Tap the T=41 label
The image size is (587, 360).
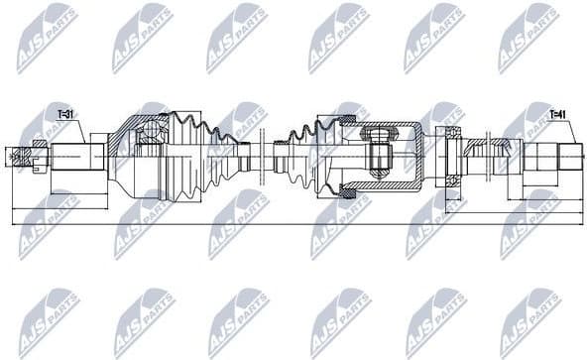559,115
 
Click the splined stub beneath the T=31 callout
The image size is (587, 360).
79,155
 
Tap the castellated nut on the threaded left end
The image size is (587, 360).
38,155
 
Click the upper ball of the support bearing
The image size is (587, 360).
450,134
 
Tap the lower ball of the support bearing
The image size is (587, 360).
450,177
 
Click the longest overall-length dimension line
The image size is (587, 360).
297,225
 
